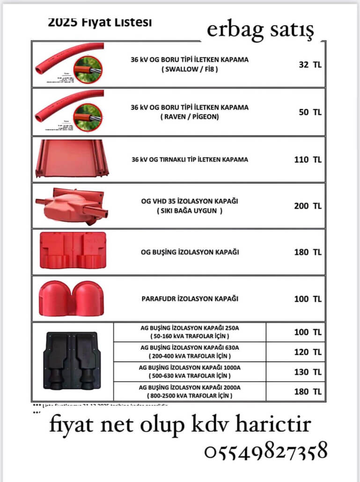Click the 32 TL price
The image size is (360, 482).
point(310,65)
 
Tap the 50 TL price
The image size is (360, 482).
point(310,112)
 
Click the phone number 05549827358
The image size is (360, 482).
point(265,453)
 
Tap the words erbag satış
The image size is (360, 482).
point(260,30)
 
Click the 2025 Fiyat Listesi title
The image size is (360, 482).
point(100,22)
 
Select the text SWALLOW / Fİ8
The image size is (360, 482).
point(189,69)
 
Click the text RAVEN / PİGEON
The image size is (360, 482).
point(189,117)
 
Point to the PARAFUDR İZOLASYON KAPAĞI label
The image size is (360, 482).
point(190,299)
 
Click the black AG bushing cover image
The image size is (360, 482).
point(72,361)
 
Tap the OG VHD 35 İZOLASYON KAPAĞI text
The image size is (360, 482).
point(190,201)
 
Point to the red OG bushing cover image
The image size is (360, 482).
point(72,251)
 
